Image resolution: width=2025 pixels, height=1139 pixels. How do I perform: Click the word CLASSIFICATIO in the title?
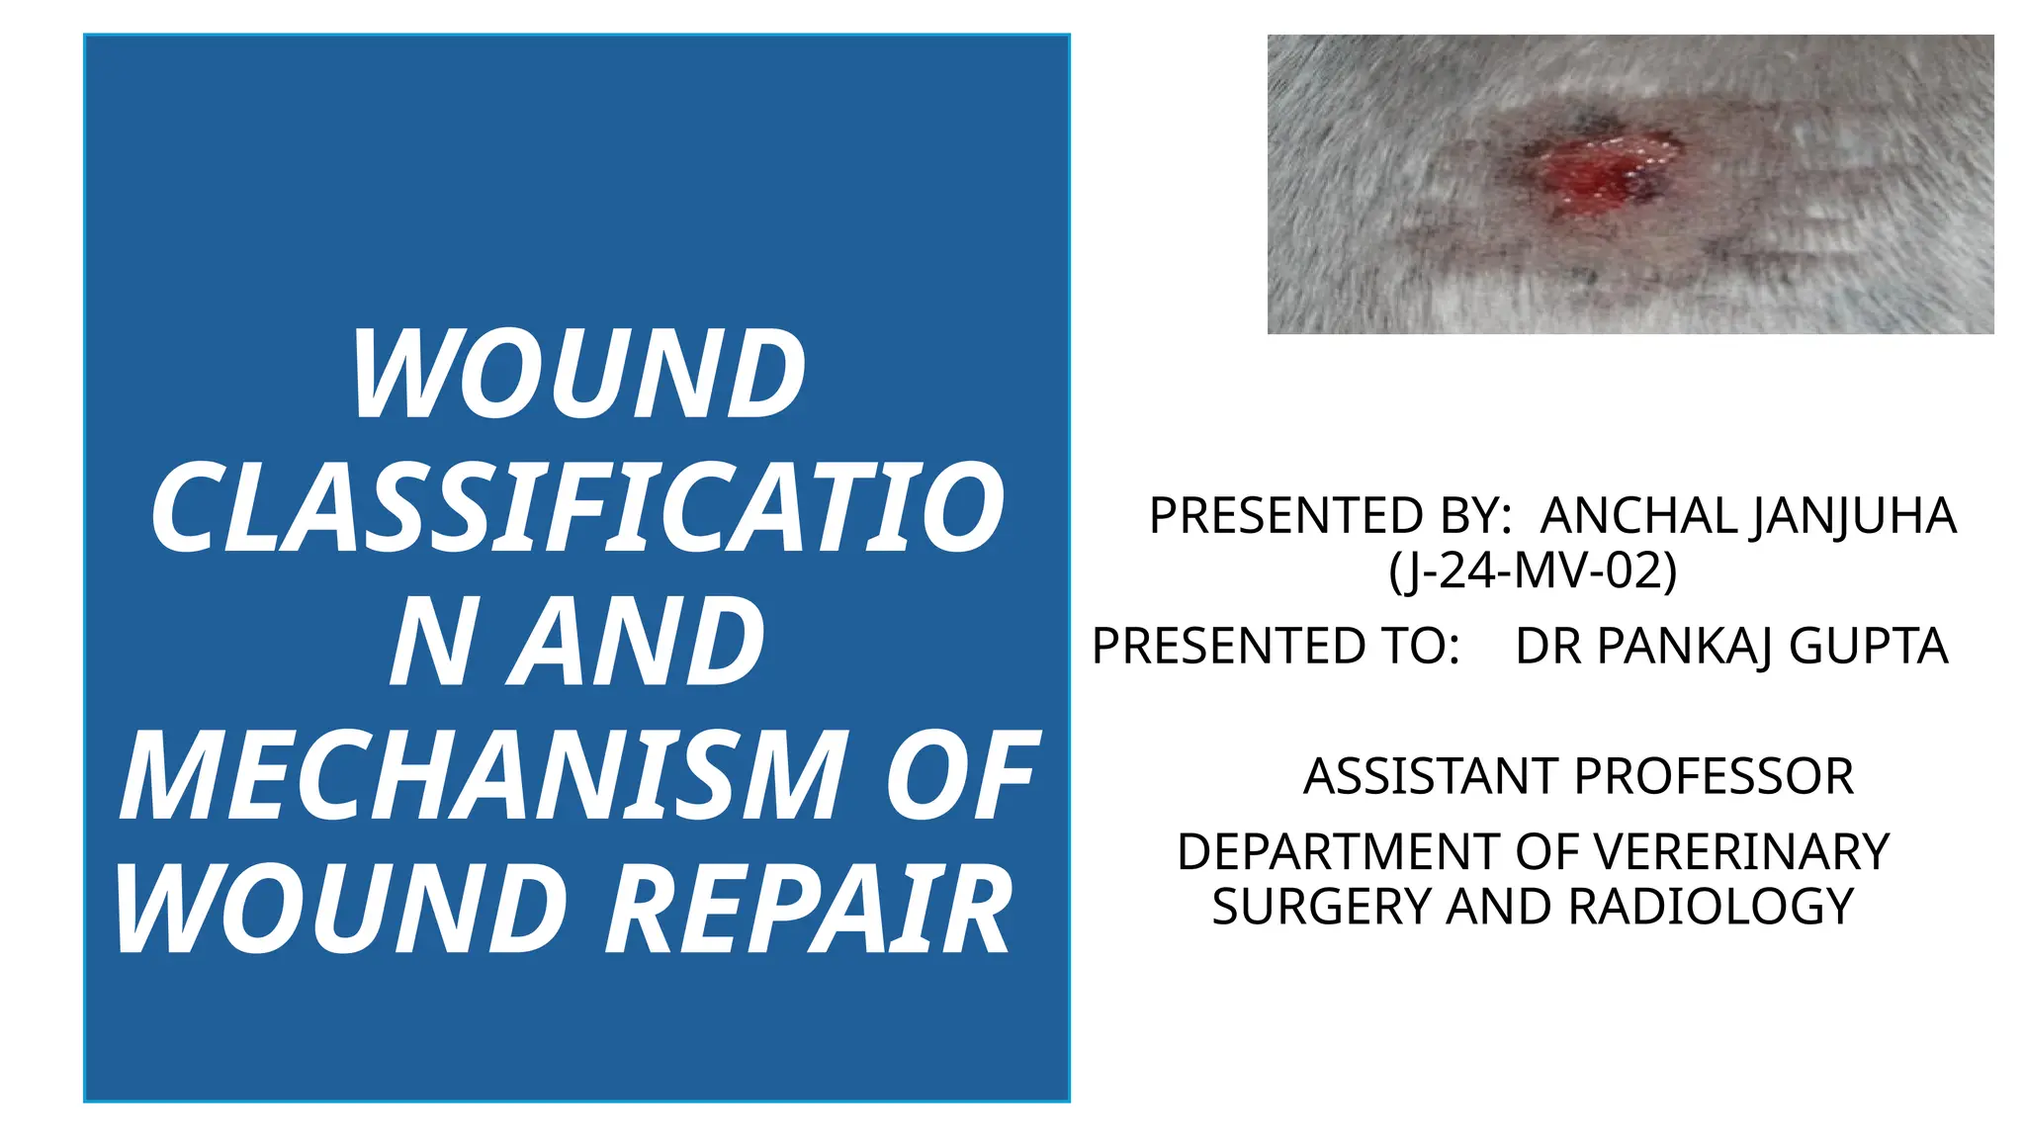click(578, 508)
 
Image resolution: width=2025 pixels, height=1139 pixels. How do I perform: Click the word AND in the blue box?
click(638, 643)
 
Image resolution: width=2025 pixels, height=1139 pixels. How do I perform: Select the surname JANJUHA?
click(1853, 516)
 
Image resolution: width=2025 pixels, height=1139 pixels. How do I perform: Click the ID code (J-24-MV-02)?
click(1533, 570)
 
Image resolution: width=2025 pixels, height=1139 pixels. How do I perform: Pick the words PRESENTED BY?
click(1330, 516)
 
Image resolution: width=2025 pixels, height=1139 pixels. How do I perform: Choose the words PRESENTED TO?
click(1276, 647)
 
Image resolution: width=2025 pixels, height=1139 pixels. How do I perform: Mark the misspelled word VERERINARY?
click(1741, 852)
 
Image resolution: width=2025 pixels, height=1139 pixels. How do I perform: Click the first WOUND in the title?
click(578, 376)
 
